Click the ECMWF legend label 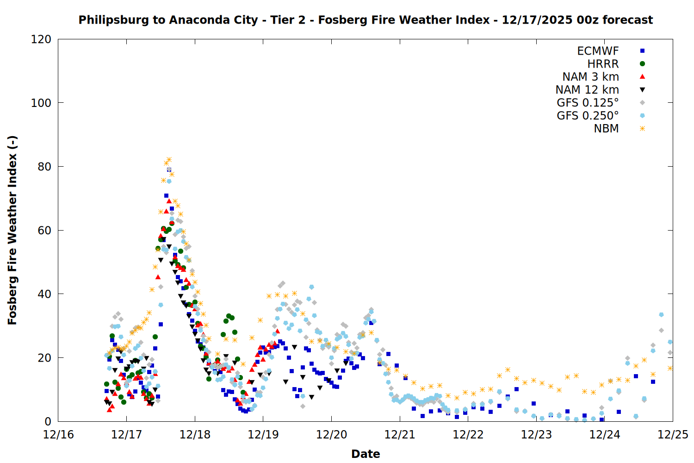click(x=598, y=51)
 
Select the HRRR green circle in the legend click(x=642, y=64)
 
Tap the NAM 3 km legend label click(x=590, y=77)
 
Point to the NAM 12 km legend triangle click(x=642, y=90)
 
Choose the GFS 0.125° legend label click(x=588, y=103)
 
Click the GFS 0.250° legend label click(x=588, y=116)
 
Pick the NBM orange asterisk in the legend click(x=642, y=129)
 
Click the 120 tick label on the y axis click(x=41, y=39)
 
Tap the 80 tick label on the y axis click(x=44, y=167)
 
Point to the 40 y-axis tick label click(x=44, y=294)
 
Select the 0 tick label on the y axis click(x=48, y=421)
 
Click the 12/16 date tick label click(x=58, y=435)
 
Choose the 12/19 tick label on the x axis click(x=263, y=435)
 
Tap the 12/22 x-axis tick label click(x=468, y=435)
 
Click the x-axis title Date click(x=366, y=454)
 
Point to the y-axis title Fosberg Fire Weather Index click(x=12, y=230)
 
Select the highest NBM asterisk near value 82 click(x=169, y=160)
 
